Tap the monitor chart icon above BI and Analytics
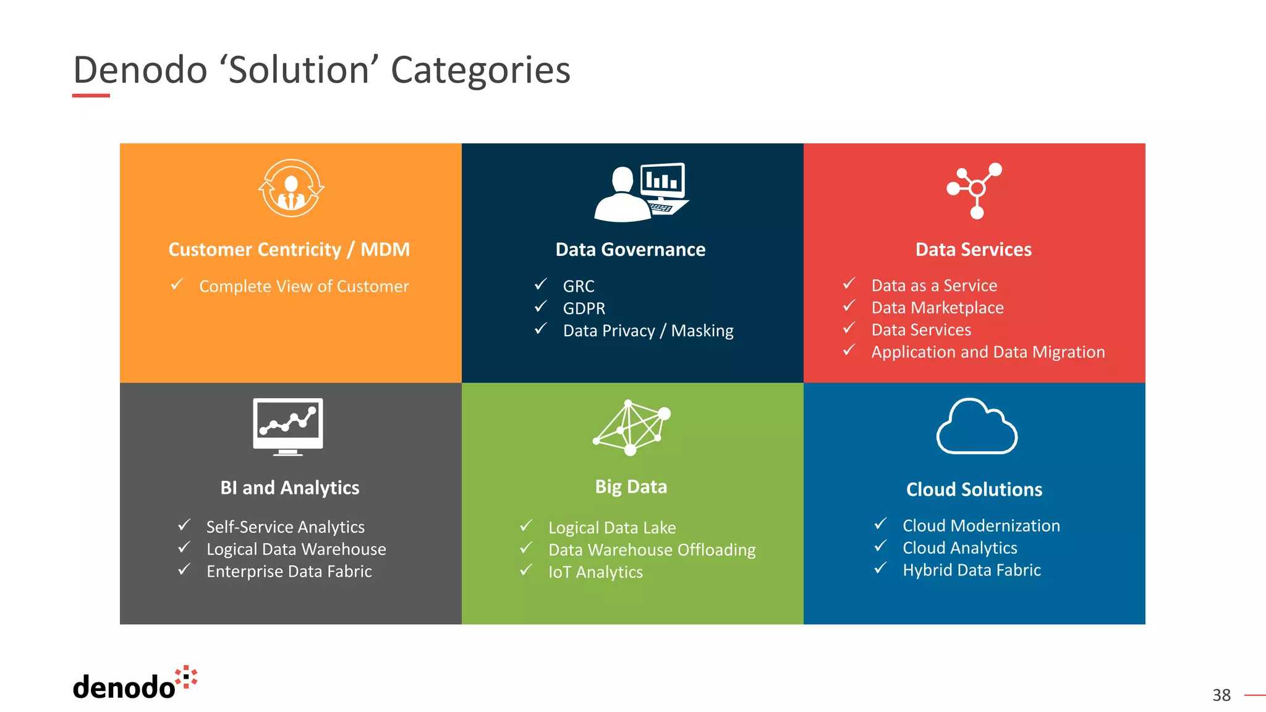tap(288, 426)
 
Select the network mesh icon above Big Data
tap(631, 427)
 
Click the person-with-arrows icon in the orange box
tap(291, 189)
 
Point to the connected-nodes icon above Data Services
tap(975, 190)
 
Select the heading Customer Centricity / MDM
tap(289, 250)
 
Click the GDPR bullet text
tap(584, 308)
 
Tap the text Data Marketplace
tap(937, 308)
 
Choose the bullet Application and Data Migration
tap(988, 352)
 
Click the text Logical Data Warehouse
tap(296, 549)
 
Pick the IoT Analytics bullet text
tap(595, 572)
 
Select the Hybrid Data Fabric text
tap(972, 570)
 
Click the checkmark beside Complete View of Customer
tap(177, 284)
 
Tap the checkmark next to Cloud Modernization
tap(881, 524)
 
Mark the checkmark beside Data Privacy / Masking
tap(541, 329)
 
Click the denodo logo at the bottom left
tap(135, 685)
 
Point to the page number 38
tap(1221, 695)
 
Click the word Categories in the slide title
tap(480, 70)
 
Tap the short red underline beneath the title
tap(91, 96)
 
